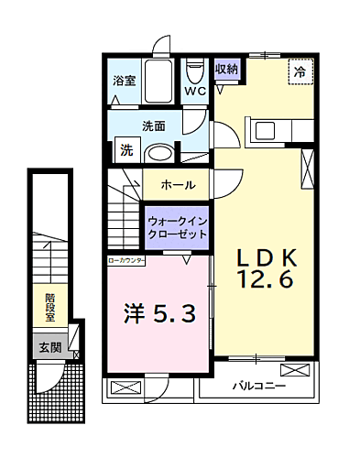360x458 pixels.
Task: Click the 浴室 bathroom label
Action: (x=124, y=81)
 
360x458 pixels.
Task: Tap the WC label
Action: (x=194, y=92)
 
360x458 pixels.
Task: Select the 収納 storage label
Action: (x=226, y=69)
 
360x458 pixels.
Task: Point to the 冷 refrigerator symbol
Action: (x=300, y=71)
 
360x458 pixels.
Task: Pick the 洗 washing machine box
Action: (x=126, y=150)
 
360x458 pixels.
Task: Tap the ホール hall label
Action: (x=178, y=184)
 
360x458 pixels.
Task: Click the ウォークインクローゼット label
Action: (x=177, y=227)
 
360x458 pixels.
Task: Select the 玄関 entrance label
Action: (x=49, y=347)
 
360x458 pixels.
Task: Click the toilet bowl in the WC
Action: (x=194, y=71)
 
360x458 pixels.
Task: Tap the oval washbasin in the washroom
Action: (x=161, y=154)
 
